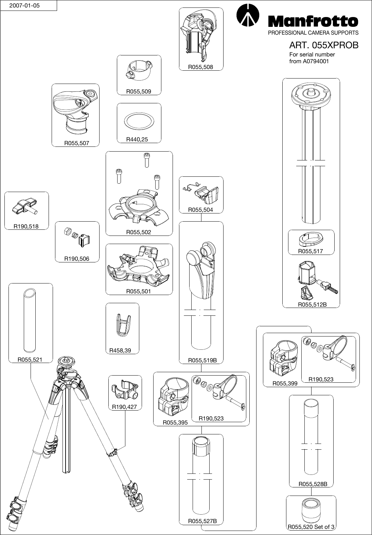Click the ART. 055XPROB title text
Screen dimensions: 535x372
[x=323, y=45]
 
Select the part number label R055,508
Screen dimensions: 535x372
[x=201, y=67]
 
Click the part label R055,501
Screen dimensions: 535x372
[x=139, y=291]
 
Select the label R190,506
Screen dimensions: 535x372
[x=77, y=259]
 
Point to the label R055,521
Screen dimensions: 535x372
[x=30, y=359]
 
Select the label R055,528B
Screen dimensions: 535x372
[x=313, y=484]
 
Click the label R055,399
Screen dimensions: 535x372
[x=285, y=383]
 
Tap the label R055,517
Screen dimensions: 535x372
[x=311, y=252]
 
